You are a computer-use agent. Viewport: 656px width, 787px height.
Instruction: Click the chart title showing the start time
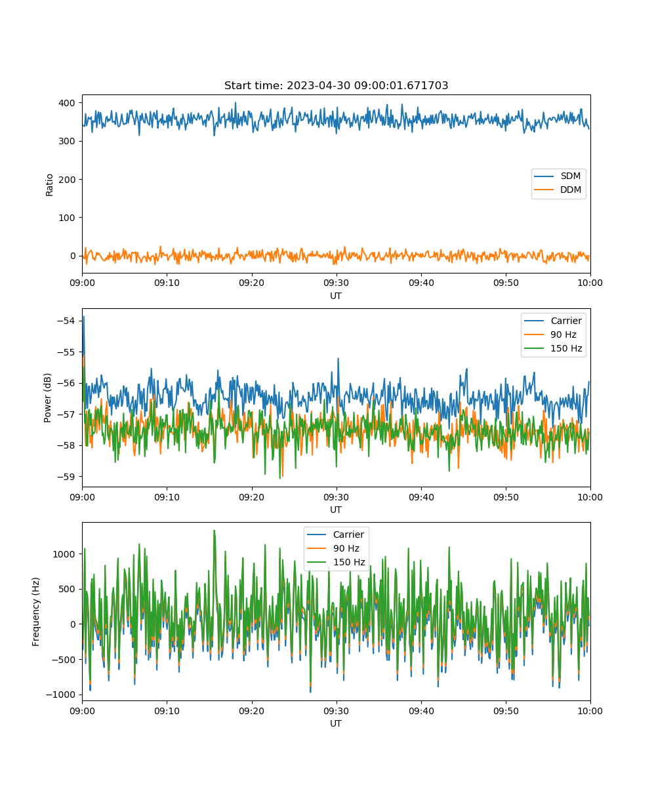[336, 85]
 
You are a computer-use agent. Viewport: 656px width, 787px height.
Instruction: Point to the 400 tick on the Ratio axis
[67, 103]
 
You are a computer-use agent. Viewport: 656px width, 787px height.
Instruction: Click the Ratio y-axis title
[49, 185]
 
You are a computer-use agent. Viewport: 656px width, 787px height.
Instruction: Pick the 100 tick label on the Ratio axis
[67, 218]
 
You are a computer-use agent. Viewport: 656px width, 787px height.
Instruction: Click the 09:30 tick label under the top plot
[336, 283]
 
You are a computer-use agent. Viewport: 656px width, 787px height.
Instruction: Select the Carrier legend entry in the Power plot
[553, 321]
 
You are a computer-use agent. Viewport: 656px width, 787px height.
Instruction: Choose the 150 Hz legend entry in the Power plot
[553, 348]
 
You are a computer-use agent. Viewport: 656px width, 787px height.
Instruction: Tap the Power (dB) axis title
[47, 397]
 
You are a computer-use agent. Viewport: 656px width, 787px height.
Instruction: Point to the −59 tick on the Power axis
[66, 477]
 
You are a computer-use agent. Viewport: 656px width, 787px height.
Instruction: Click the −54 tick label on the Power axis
[66, 321]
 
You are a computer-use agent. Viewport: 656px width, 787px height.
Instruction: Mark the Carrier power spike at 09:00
[84, 317]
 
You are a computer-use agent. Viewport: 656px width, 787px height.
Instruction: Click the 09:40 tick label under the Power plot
[421, 497]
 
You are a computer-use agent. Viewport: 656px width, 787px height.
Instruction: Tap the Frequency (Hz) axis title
[35, 612]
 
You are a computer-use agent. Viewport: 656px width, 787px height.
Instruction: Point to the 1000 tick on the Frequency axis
[64, 554]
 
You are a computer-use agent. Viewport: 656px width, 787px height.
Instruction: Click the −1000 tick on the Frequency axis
[61, 695]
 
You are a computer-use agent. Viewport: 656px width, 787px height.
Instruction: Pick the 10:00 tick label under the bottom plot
[590, 711]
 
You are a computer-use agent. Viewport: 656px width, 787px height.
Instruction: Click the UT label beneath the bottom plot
[335, 723]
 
